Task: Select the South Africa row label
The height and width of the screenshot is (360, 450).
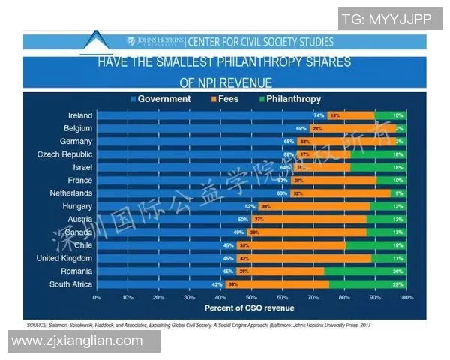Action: (71, 284)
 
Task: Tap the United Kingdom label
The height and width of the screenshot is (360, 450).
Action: (64, 258)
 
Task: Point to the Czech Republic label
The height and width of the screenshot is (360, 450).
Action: (64, 154)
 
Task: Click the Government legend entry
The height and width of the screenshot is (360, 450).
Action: (160, 99)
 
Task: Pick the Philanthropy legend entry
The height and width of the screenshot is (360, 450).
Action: (288, 99)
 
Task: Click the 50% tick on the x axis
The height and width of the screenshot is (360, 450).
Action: (251, 298)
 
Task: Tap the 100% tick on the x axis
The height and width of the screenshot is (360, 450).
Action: (406, 298)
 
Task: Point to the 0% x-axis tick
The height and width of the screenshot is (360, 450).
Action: (97, 298)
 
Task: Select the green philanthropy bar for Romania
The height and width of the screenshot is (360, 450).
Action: (365, 271)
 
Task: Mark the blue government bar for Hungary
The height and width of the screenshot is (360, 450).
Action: (177, 206)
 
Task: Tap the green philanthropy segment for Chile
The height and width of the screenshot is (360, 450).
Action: (376, 245)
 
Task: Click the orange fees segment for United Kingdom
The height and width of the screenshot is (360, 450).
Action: (304, 258)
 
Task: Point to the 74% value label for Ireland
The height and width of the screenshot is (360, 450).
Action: (319, 115)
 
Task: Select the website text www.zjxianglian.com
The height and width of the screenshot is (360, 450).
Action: (77, 341)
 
